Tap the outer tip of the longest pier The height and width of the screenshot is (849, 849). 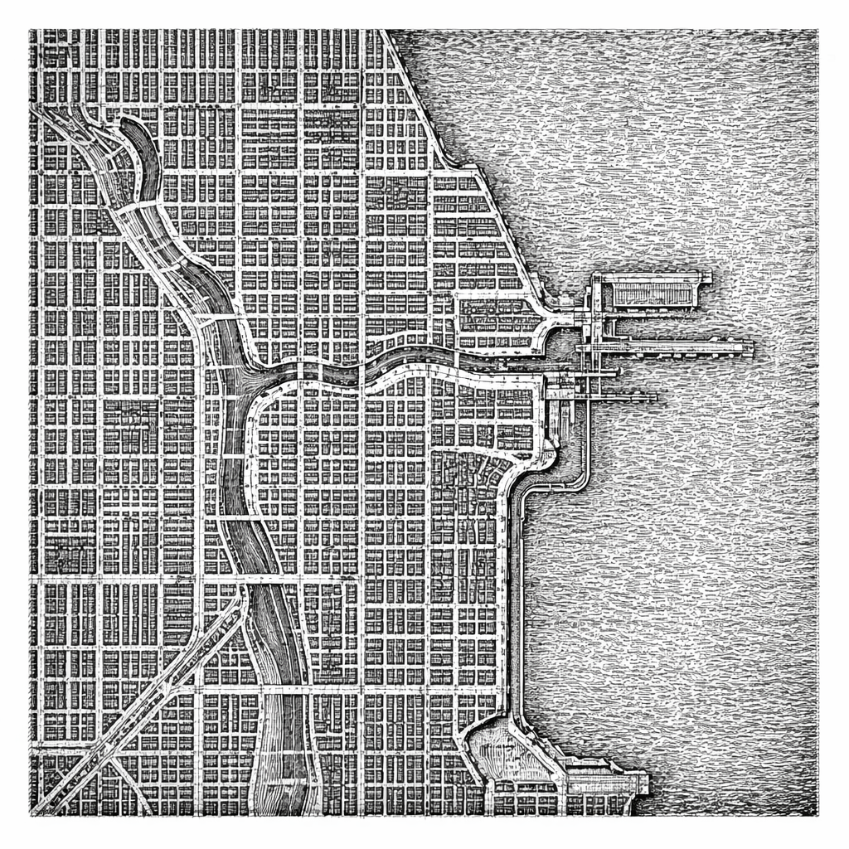click(x=750, y=347)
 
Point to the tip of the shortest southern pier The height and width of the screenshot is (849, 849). click(x=655, y=398)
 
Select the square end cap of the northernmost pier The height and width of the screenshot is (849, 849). click(x=704, y=277)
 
